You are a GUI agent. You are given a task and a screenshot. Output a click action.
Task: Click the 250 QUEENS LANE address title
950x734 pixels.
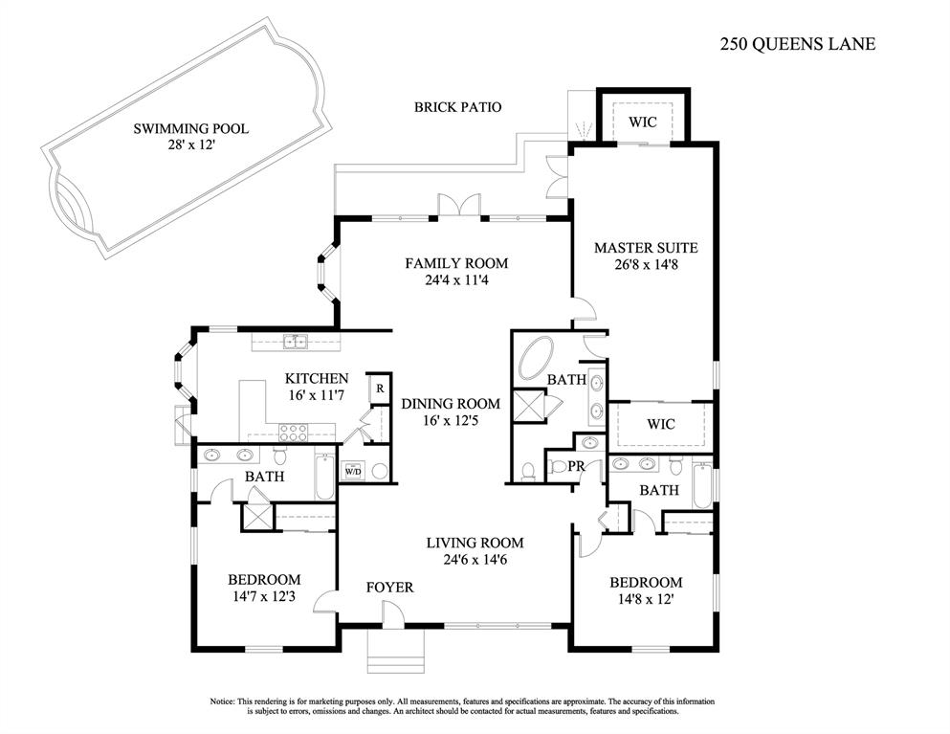click(x=796, y=44)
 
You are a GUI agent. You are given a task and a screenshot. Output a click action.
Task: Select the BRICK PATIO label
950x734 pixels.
click(x=457, y=108)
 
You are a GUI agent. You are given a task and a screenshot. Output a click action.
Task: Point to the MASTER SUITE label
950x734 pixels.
click(x=646, y=248)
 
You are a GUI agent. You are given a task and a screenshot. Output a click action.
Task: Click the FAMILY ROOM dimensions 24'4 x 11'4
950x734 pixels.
click(x=455, y=281)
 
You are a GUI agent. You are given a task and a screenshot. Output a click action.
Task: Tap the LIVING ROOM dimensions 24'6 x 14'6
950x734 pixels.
click(x=475, y=561)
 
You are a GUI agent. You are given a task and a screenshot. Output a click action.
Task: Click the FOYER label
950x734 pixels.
click(x=389, y=587)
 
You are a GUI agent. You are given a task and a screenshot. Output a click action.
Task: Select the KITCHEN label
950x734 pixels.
click(x=317, y=379)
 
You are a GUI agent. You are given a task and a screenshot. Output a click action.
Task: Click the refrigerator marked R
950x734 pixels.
click(x=380, y=388)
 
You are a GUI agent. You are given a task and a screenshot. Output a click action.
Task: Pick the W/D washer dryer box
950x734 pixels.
click(x=352, y=471)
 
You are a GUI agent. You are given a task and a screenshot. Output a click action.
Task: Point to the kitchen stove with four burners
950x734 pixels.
click(x=292, y=430)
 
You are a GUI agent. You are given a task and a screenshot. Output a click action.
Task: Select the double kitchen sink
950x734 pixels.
click(x=294, y=341)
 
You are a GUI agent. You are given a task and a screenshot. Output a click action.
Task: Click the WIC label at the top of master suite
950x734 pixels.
click(x=641, y=122)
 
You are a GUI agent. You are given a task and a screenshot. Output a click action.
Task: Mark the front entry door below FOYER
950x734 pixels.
click(x=392, y=615)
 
